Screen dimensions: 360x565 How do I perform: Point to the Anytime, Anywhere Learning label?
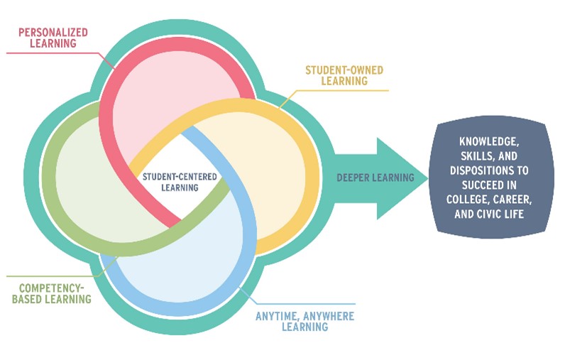pyautogui.click(x=305, y=321)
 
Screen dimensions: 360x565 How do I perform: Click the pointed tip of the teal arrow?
pyautogui.click(x=427, y=178)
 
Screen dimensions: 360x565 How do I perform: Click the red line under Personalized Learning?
pyautogui.click(x=50, y=52)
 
